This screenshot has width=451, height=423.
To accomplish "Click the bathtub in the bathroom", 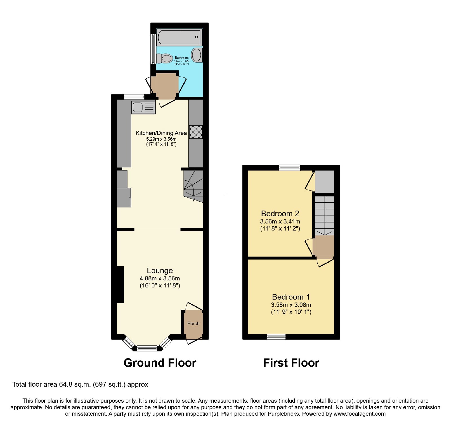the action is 179,37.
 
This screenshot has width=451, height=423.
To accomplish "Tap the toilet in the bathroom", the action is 164,58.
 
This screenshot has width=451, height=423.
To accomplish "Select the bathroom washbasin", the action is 197,55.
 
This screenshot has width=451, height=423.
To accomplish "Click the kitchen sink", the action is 143,107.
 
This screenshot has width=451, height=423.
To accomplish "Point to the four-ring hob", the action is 196,132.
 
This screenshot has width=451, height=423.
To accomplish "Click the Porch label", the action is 193,323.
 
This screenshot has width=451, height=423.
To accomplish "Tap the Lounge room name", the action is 160,271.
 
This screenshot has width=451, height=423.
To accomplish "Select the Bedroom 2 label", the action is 280,213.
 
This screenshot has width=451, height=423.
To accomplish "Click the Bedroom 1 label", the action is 291,297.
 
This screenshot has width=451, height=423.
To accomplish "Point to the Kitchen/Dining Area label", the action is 161,133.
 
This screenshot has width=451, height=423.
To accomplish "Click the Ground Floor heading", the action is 160,363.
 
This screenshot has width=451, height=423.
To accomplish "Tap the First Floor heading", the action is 291,363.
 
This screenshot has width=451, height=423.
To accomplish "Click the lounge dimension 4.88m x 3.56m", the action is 160,278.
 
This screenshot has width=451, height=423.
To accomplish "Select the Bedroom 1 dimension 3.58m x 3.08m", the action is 291,305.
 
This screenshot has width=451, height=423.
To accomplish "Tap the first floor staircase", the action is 324,216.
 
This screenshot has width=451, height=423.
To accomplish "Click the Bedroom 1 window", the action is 276,336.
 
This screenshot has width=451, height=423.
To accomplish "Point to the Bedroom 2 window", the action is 289,168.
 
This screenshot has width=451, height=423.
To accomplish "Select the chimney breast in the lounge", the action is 120,285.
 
